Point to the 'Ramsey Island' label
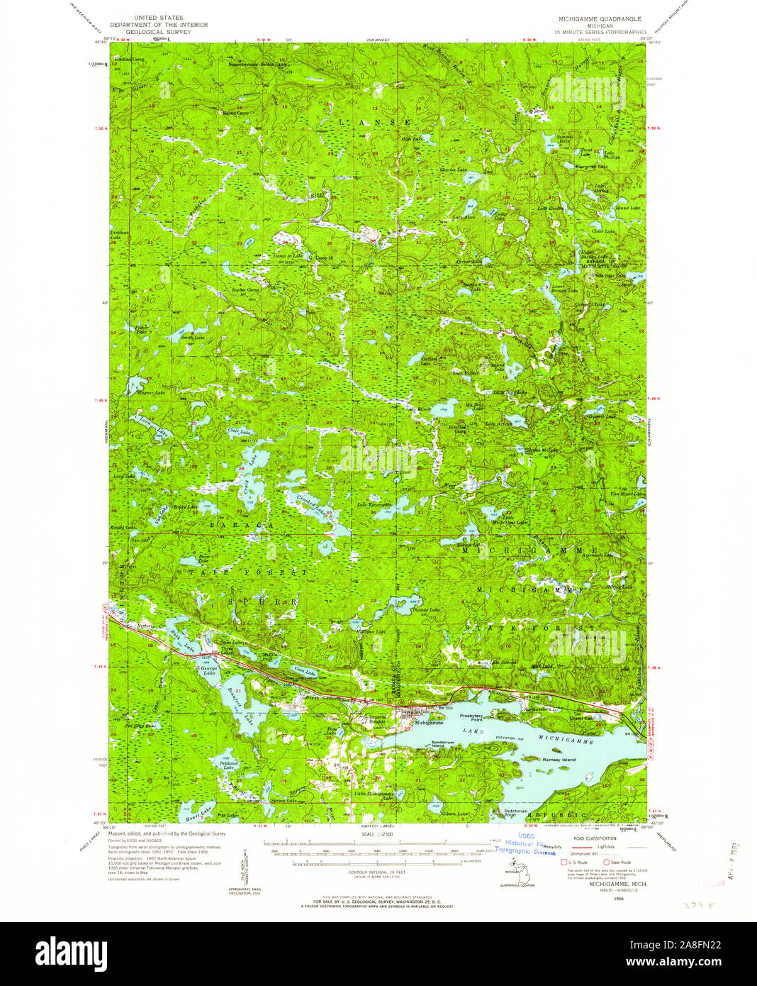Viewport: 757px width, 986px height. [559, 760]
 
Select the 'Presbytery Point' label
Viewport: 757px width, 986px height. [471, 717]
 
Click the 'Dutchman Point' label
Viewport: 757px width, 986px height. [515, 812]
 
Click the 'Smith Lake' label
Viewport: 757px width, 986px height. [191, 337]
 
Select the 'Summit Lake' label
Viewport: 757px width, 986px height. [564, 138]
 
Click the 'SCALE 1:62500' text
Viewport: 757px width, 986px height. [377, 834]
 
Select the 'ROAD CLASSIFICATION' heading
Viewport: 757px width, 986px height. [595, 838]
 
